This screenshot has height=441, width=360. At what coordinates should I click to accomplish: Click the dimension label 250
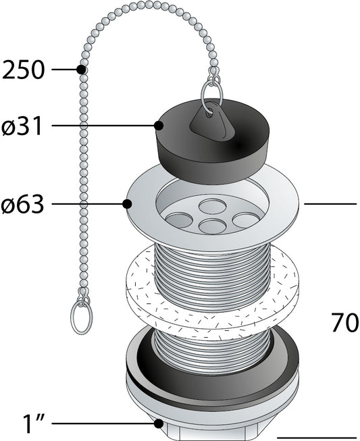(x=24, y=70)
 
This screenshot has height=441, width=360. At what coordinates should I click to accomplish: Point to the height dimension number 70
(x=344, y=323)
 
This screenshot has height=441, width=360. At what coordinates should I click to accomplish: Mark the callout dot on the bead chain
(x=81, y=70)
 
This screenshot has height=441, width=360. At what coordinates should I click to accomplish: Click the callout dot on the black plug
(x=159, y=126)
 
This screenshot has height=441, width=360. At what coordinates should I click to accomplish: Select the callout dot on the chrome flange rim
(x=127, y=204)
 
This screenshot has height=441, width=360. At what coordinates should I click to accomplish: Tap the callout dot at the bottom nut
(x=158, y=424)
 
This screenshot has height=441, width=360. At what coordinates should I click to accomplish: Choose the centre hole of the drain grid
(x=212, y=226)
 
